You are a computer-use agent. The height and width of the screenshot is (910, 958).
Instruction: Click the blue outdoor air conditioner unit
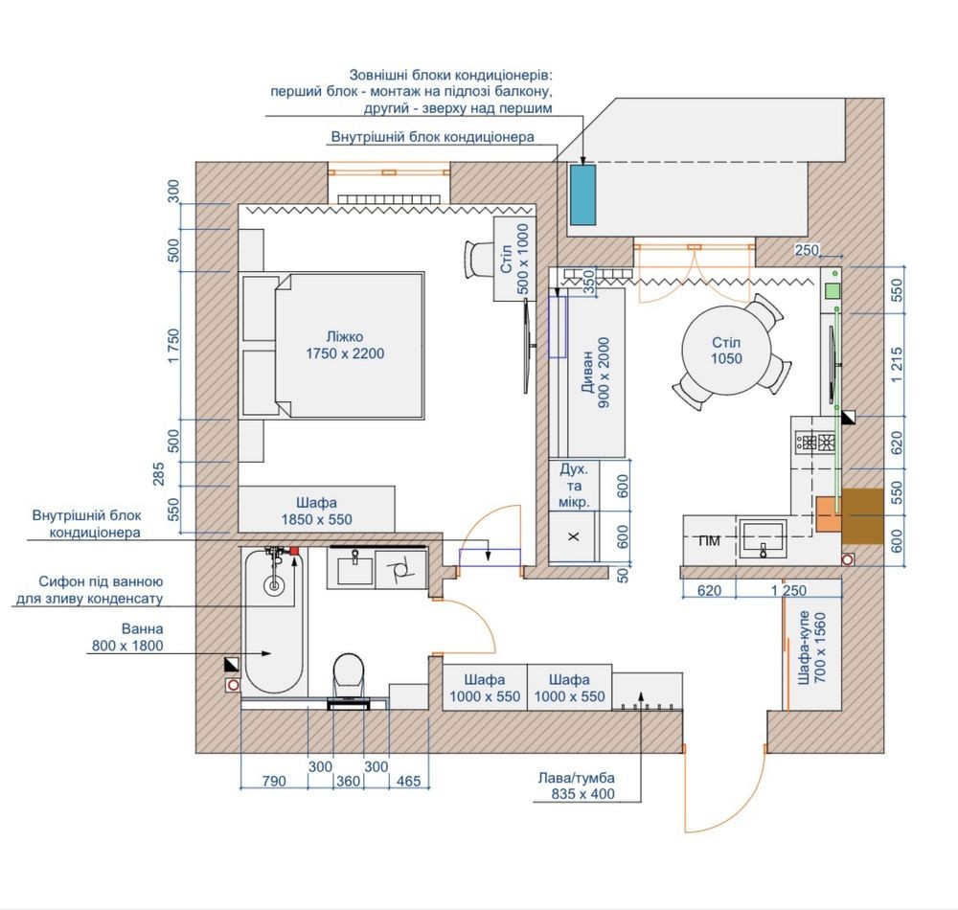click(x=582, y=194)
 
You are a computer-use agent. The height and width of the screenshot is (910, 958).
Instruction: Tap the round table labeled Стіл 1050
click(x=726, y=351)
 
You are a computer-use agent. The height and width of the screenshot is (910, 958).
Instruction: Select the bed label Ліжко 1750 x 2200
click(x=345, y=345)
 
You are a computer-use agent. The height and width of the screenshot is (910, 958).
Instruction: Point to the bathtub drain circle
click(x=274, y=585)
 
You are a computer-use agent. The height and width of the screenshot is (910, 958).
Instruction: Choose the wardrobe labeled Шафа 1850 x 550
click(x=316, y=510)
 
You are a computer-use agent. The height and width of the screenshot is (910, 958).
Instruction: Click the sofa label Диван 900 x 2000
click(x=596, y=372)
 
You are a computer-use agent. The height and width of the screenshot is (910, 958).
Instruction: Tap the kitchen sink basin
click(x=763, y=538)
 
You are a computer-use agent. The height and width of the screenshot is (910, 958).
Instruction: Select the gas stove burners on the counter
click(x=815, y=441)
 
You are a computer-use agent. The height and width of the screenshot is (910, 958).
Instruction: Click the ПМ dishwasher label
click(x=709, y=540)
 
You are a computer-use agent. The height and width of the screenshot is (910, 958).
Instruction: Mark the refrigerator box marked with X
click(x=573, y=536)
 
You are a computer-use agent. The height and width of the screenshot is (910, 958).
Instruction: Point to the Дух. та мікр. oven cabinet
click(x=574, y=486)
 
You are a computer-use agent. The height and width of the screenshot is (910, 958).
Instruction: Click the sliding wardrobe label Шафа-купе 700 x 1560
click(x=812, y=648)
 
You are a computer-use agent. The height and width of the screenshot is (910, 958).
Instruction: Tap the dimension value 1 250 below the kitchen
click(x=788, y=591)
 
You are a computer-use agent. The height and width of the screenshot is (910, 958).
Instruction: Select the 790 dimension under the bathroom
click(x=274, y=781)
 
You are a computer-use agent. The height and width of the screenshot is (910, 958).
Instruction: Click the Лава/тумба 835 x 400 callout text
click(x=576, y=786)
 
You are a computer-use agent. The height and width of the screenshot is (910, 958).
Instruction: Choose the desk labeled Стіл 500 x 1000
click(x=514, y=259)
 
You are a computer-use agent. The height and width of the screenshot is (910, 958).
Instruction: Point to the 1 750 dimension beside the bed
click(x=174, y=346)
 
